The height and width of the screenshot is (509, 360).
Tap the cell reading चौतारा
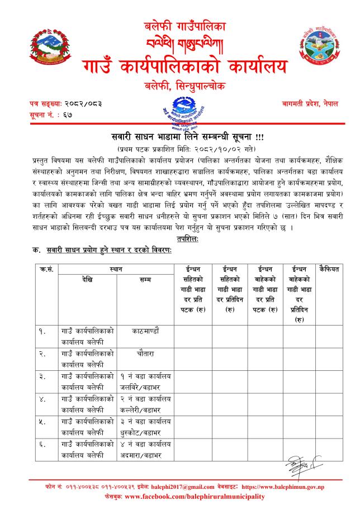click(x=144, y=354)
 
